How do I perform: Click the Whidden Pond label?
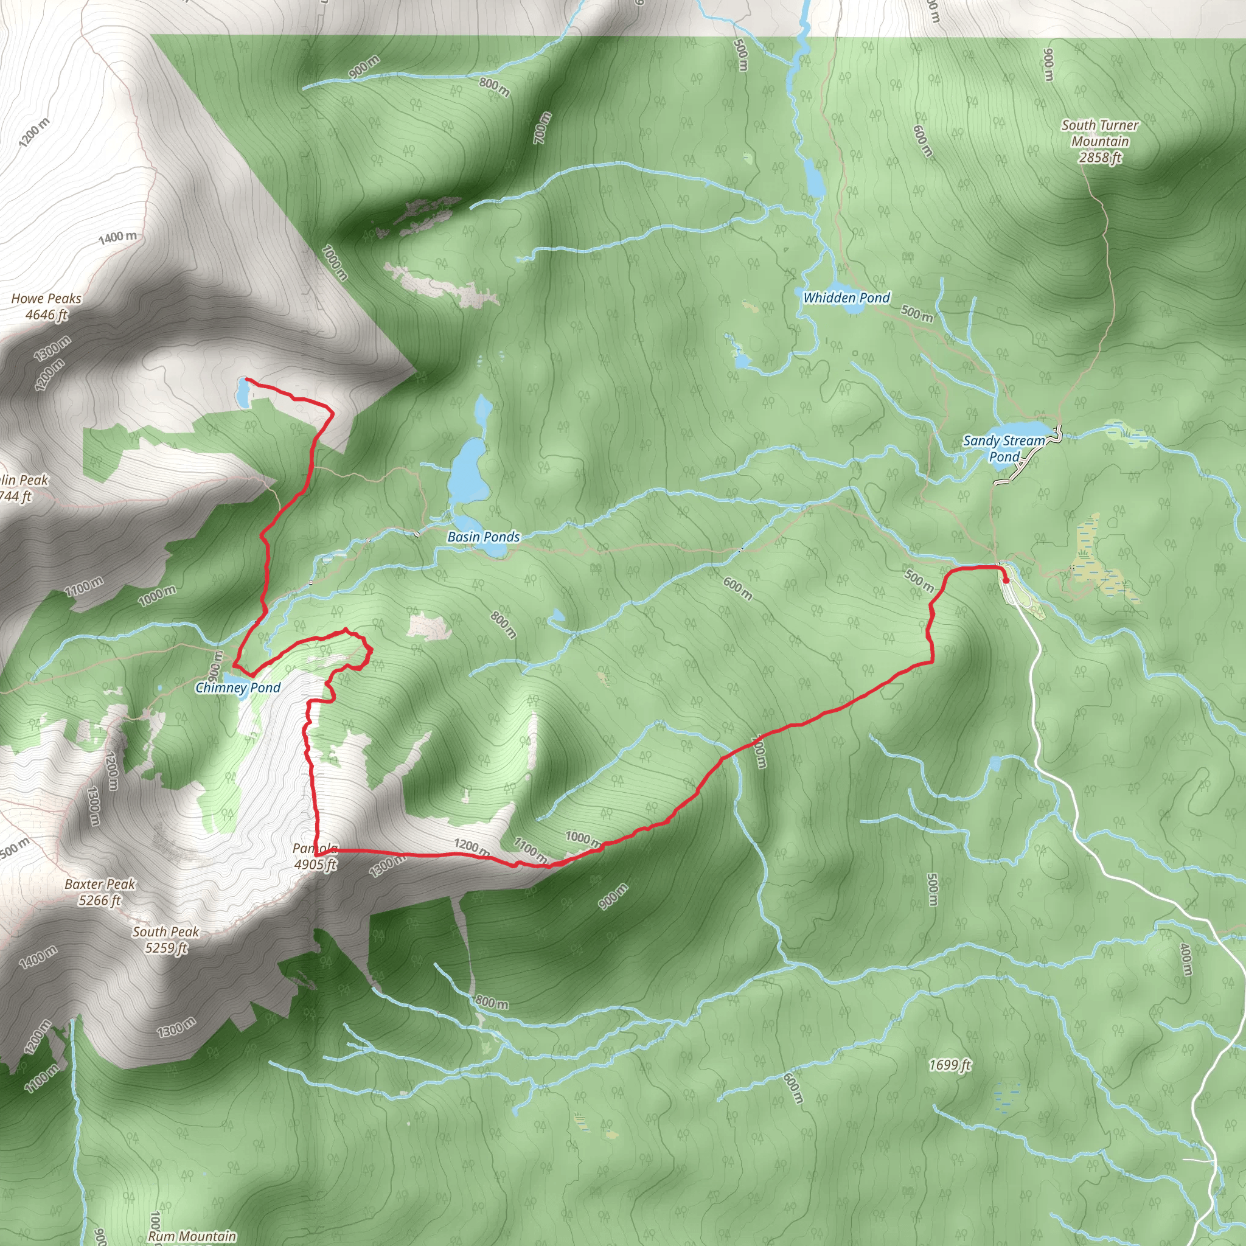tap(846, 298)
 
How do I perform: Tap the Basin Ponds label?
tap(483, 537)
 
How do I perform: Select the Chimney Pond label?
tap(237, 687)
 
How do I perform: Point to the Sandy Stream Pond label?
tap(1003, 449)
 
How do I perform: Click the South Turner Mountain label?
tap(1099, 141)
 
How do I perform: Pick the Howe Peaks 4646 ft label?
tap(46, 307)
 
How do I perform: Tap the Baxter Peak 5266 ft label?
tap(100, 892)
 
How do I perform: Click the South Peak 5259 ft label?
tap(165, 939)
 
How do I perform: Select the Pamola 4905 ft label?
tap(315, 857)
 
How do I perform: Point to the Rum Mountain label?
tap(192, 1236)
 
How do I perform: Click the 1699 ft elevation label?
tap(950, 1065)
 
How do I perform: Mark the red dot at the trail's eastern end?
tap(1006, 580)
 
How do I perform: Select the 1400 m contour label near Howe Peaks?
tap(117, 237)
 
